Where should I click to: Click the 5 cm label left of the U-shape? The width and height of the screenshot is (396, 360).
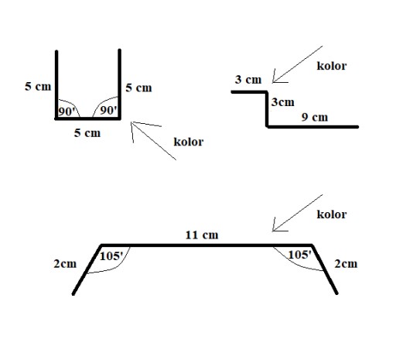38,87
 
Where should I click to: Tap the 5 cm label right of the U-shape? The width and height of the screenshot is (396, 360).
138,87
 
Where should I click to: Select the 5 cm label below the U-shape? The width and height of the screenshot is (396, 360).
87,133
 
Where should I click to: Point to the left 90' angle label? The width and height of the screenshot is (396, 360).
67,111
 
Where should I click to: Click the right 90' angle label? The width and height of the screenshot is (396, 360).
108,110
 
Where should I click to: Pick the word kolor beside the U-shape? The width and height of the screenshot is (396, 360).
189,142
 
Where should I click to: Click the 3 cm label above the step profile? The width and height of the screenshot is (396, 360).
248,80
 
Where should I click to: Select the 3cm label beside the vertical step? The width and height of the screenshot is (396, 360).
282,102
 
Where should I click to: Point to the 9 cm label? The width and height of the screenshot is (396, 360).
315,117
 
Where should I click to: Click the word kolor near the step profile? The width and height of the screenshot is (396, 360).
332,66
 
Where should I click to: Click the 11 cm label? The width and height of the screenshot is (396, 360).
202,235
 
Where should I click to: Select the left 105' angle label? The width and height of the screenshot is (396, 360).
111,256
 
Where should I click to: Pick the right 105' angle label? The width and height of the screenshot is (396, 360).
299,255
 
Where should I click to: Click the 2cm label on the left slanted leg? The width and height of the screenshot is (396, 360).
65,264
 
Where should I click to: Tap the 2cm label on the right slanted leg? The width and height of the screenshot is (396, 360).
346,264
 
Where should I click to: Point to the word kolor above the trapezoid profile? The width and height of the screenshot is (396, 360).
332,214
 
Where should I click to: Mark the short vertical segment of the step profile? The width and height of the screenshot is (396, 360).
268,109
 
